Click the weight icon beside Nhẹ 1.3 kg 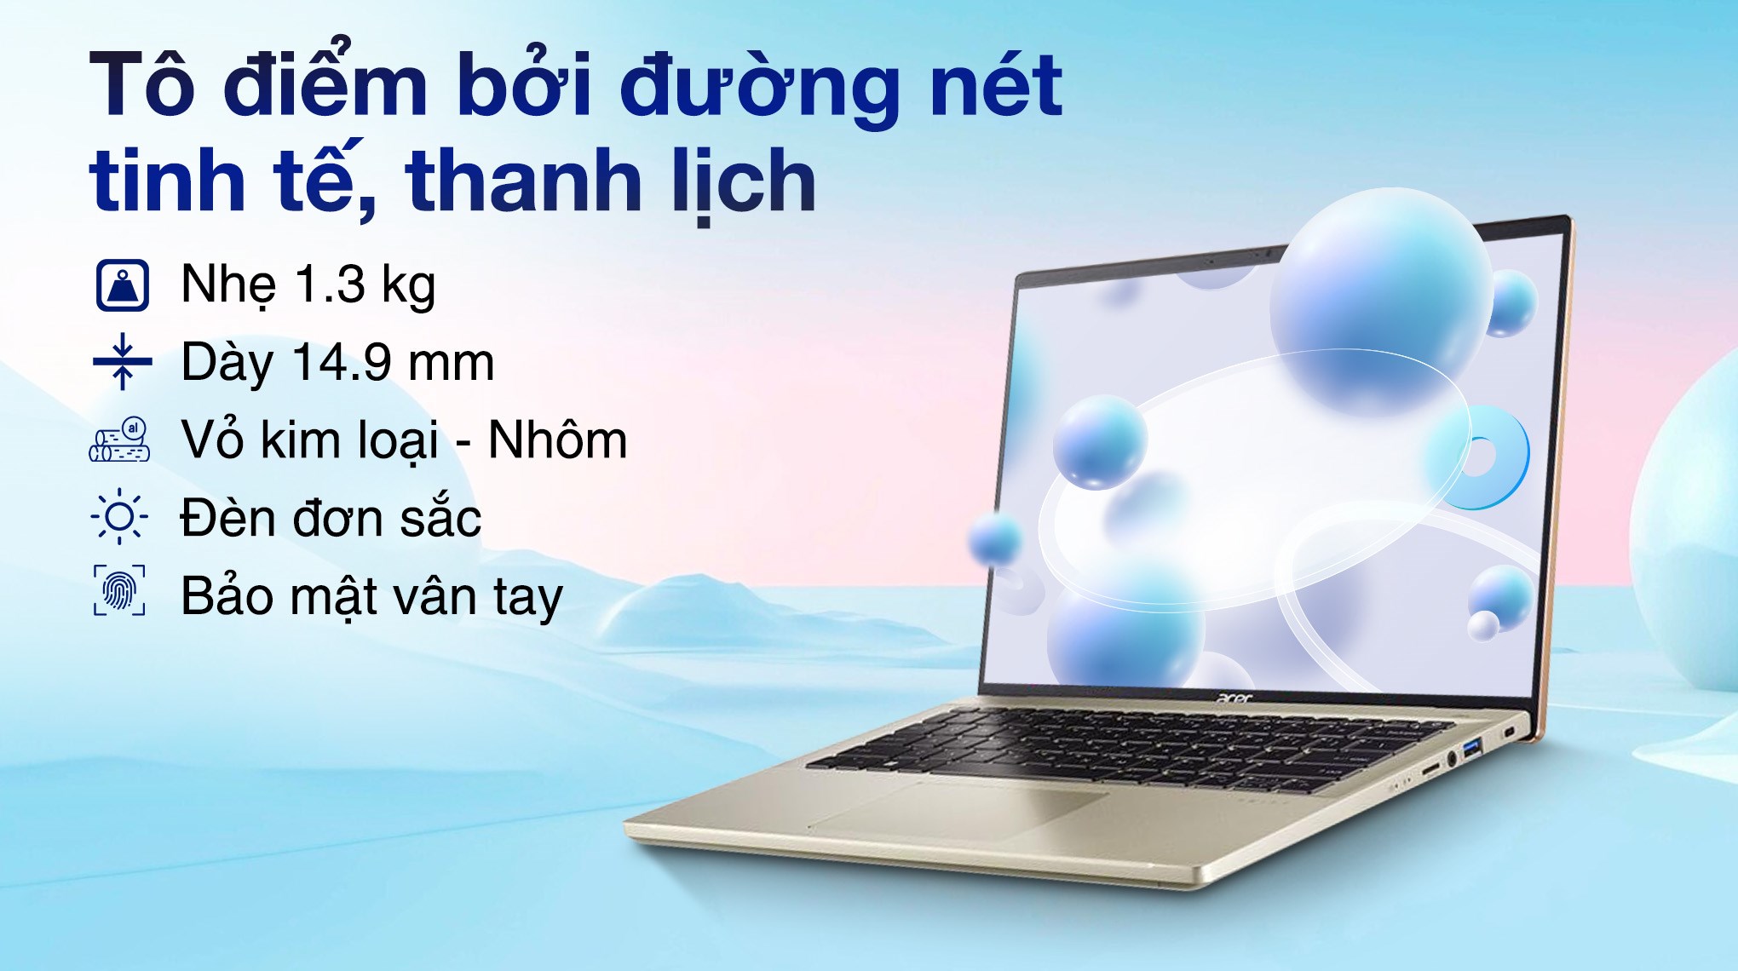(x=123, y=285)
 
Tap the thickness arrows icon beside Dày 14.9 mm (x=123, y=362)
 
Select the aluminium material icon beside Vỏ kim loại (x=120, y=440)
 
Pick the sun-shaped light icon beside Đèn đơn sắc (x=119, y=517)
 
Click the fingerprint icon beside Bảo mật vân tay (x=119, y=590)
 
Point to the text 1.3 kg (x=365, y=284)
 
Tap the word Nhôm (x=557, y=440)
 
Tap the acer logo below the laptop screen (x=1234, y=699)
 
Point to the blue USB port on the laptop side (x=1472, y=749)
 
